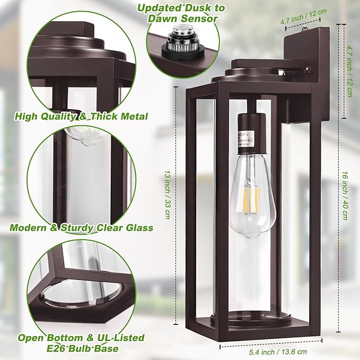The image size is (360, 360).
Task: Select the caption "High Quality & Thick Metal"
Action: tap(81, 116)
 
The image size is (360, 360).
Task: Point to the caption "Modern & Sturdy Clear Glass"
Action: tap(81, 228)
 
